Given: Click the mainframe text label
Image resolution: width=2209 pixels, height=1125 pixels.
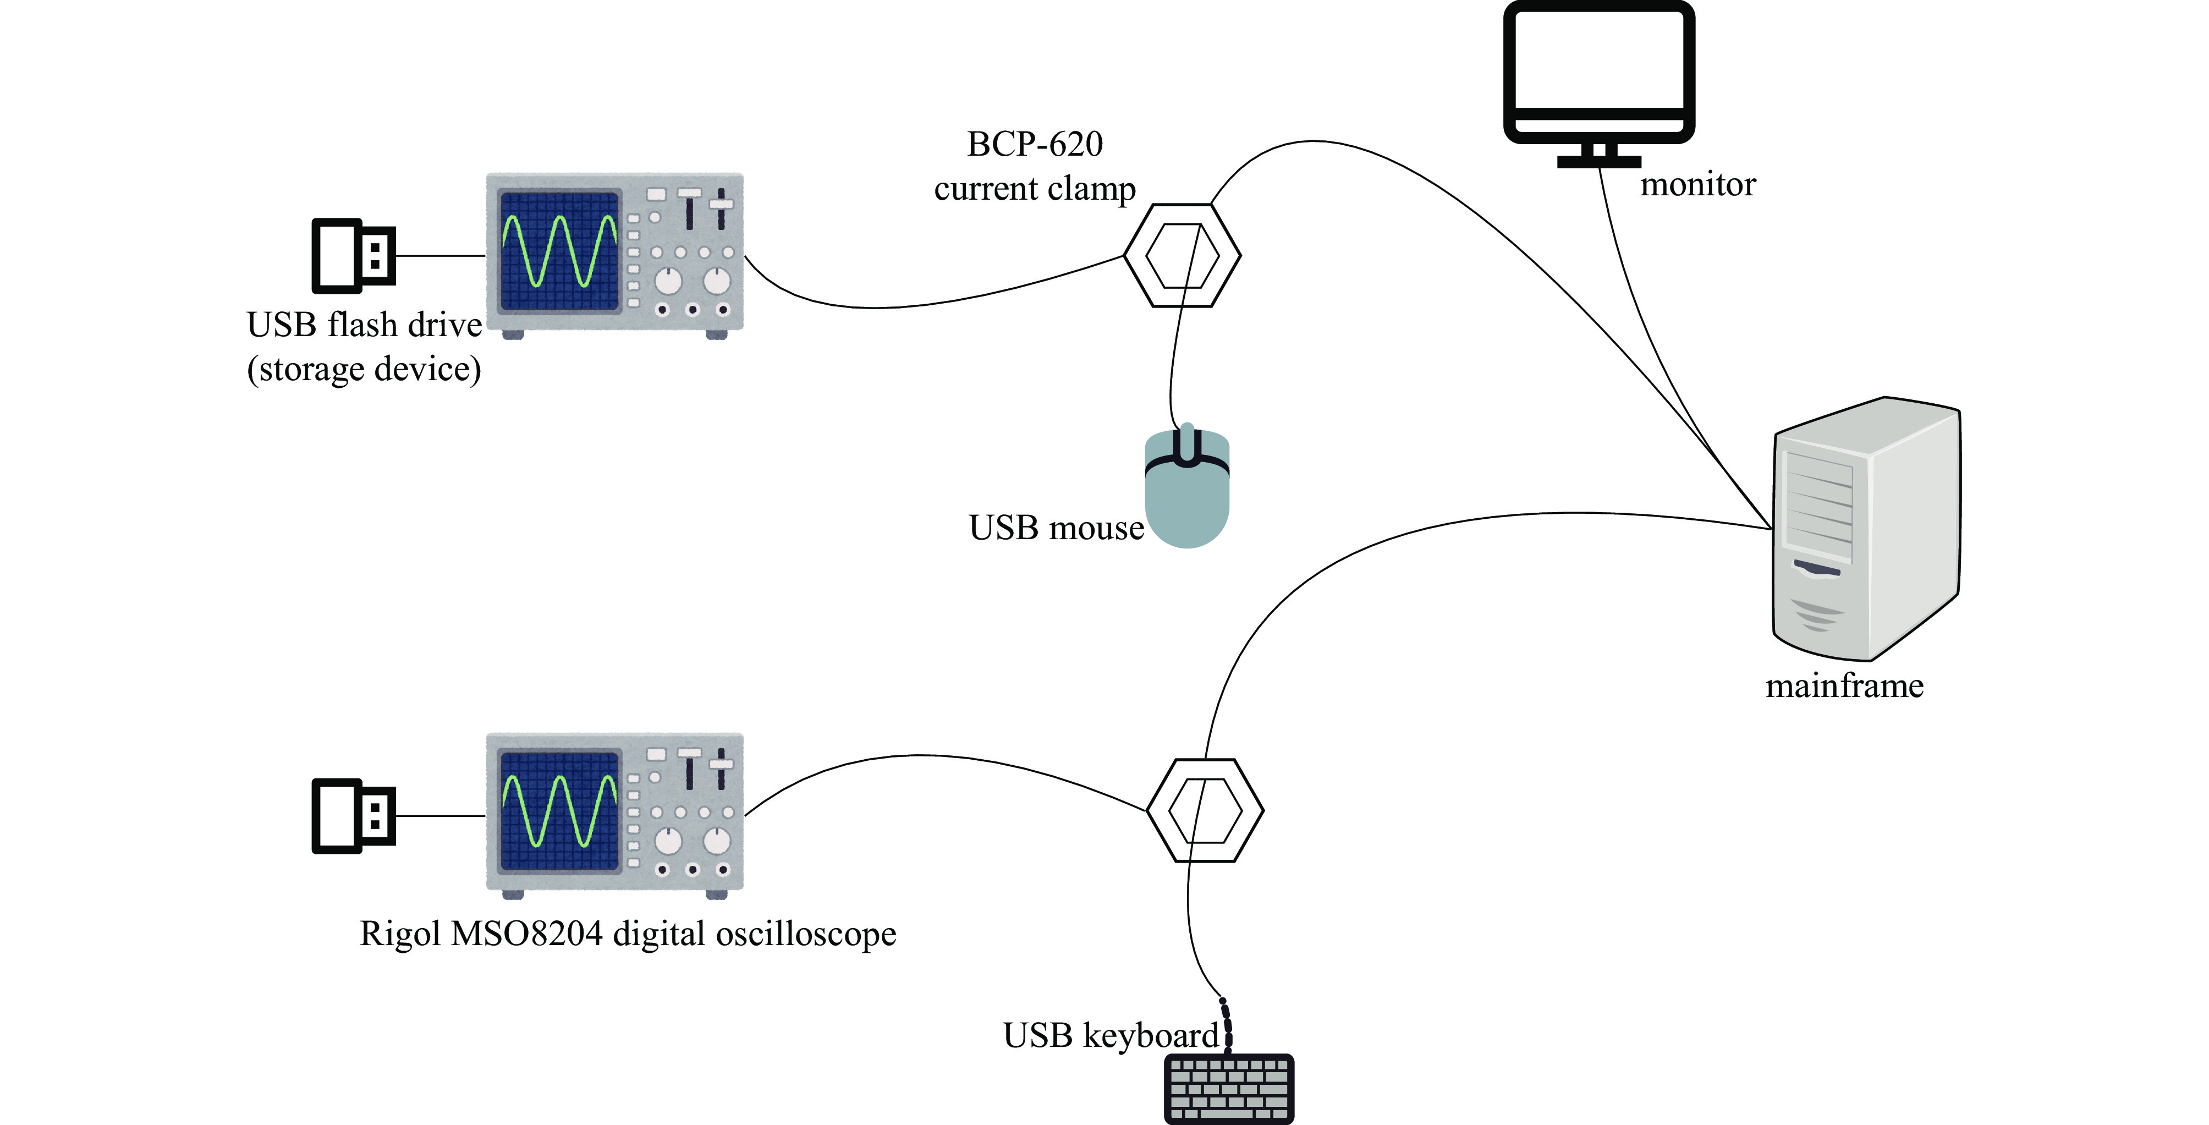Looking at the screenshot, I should [1844, 686].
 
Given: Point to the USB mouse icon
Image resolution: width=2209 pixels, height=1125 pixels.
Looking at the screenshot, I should [1187, 489].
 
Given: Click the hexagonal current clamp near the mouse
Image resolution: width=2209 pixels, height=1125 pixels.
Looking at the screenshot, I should [1182, 255].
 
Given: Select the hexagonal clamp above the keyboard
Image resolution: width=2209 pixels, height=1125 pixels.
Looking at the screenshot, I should [1205, 810].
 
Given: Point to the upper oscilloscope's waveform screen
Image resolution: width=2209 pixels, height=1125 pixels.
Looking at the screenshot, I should [559, 250].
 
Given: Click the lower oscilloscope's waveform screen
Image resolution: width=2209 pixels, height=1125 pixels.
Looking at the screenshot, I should [559, 810].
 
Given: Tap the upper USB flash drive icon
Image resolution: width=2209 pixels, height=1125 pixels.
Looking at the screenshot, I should [353, 255].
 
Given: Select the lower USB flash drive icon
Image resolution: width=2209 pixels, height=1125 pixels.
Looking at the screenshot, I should [353, 815].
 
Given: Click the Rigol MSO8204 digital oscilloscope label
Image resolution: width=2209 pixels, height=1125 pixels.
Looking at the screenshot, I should [628, 934].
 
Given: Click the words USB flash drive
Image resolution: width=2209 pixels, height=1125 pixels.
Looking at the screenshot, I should [364, 325].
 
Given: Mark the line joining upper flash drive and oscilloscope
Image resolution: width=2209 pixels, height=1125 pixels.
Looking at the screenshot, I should [441, 255].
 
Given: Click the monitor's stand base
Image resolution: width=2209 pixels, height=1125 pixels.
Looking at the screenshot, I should [1598, 161].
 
